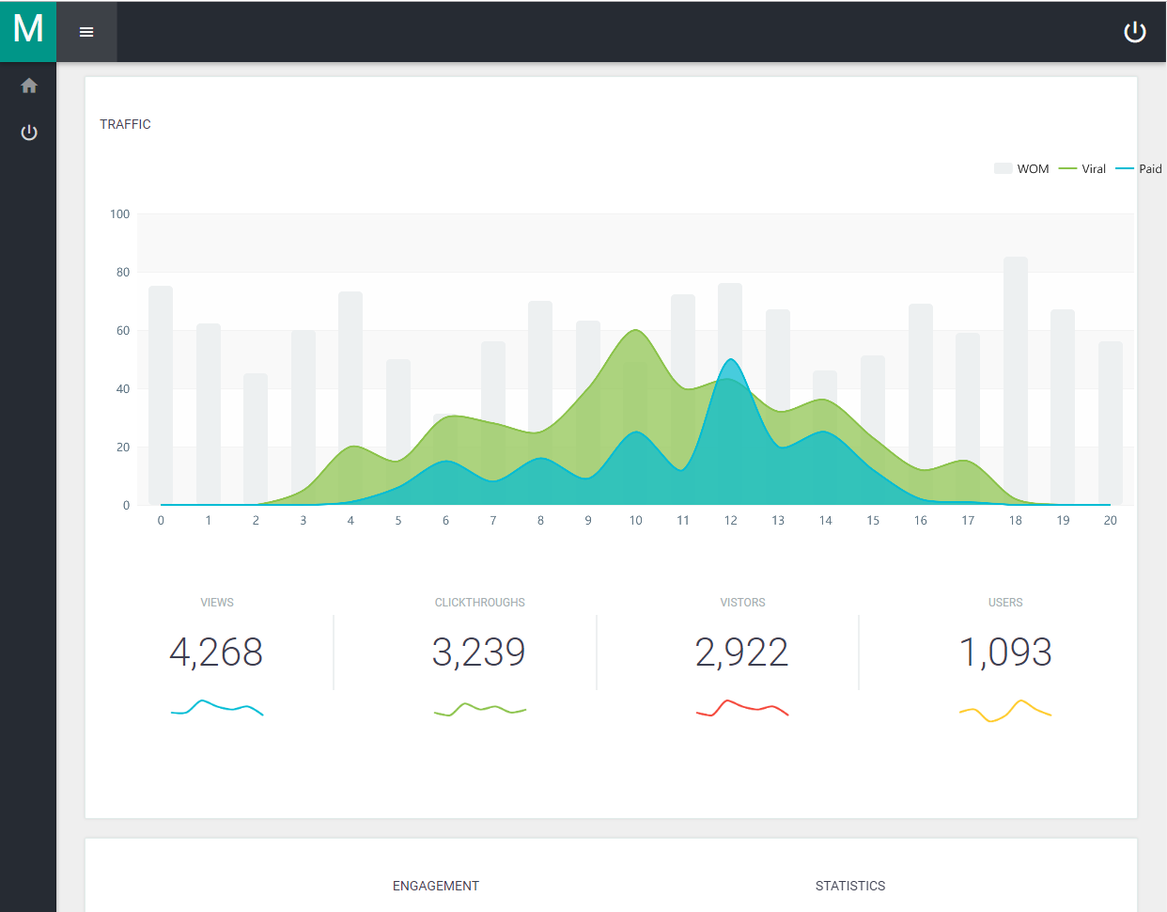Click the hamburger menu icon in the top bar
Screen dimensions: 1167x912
point(86,32)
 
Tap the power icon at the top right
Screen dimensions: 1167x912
point(1135,32)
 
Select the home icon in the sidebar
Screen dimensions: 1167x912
point(29,86)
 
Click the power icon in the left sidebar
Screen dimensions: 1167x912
point(29,133)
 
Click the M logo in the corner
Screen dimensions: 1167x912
point(28,28)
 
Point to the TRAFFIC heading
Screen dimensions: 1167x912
point(125,124)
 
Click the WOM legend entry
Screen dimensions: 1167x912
point(1021,168)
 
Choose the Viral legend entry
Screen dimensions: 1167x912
point(1082,168)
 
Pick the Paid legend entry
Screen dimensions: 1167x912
point(1139,168)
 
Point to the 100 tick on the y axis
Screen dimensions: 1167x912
point(119,213)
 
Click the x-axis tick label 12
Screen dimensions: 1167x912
point(730,520)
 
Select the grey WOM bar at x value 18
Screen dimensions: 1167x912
point(1016,381)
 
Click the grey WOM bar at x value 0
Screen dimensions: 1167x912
point(161,395)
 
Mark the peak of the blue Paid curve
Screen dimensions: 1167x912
point(730,359)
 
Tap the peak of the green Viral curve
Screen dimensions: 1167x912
point(635,329)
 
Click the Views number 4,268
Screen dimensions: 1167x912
point(216,653)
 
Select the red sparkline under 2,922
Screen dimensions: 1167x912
point(742,708)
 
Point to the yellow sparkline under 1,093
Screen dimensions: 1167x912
point(1005,711)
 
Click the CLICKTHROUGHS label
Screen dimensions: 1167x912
point(479,603)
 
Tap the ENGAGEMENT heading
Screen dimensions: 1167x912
point(436,886)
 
